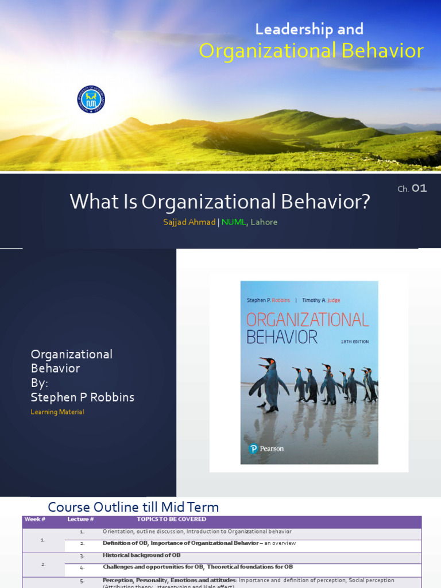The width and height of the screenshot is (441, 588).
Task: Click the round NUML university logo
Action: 91,99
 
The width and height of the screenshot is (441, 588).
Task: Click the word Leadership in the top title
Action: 284,29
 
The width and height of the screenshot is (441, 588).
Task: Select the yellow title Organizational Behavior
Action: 311,51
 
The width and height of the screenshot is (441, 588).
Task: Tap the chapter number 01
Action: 419,188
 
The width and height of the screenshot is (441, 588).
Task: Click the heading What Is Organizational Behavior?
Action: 220,202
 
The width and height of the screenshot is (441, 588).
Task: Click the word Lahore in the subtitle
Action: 264,222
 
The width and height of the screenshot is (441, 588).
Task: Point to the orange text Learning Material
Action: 57,412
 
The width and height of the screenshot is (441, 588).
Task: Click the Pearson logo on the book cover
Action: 266,448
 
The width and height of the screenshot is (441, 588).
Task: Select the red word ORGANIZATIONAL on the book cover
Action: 307,319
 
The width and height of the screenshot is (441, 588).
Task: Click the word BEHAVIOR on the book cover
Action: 281,337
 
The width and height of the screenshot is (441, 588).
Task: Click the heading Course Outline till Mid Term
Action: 133,507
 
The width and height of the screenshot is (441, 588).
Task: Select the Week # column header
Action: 34,520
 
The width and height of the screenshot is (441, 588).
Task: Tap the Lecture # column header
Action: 80,520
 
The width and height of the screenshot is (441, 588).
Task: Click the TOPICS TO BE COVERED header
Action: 171,520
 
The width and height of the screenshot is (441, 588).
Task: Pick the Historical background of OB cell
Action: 141,555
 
